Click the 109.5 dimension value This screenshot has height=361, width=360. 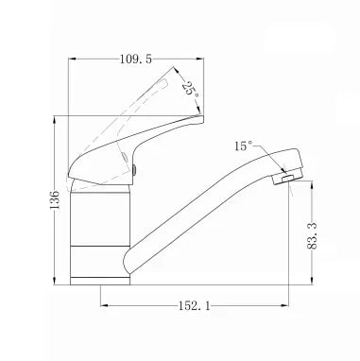point(136,59)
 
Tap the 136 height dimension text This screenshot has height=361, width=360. point(55,200)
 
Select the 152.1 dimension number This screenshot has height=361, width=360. point(195,305)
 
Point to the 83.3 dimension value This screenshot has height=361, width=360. point(312,235)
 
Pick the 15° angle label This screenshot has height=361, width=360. point(243,146)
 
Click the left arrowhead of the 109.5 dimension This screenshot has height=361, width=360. point(73,59)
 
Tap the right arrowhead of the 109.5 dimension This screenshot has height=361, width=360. point(199,59)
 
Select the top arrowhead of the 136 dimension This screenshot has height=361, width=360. point(55,120)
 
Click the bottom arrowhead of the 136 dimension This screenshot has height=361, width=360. point(55,281)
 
